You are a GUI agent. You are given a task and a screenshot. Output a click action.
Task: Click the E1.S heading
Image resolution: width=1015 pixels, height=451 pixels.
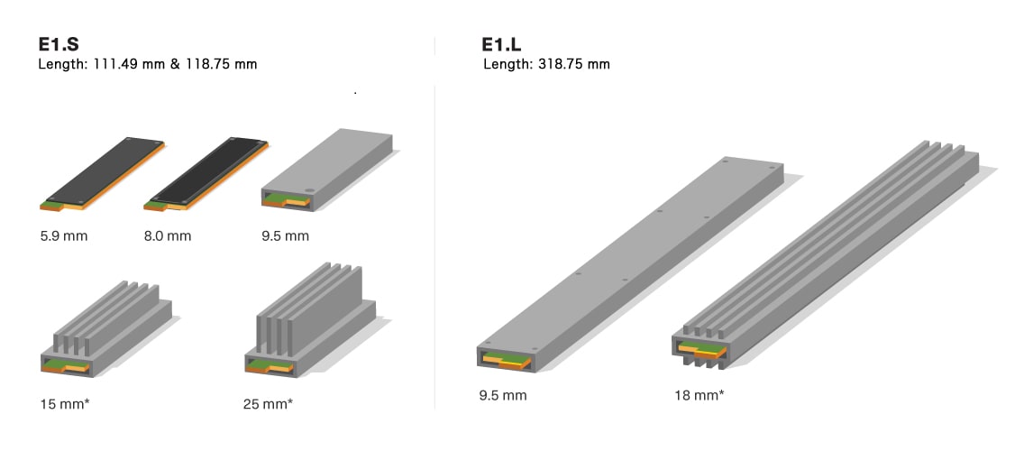click(59, 45)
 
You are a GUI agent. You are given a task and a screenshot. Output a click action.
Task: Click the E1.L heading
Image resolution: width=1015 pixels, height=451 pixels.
click(502, 45)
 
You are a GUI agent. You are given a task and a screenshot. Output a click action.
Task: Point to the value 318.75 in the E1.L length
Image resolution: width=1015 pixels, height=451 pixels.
click(562, 64)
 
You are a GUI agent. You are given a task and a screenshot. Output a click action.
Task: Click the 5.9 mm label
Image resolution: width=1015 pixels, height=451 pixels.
click(63, 236)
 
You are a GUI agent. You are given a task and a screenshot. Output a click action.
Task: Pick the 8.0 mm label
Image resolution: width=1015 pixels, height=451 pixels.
click(168, 236)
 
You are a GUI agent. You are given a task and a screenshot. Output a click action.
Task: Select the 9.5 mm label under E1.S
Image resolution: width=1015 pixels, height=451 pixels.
click(286, 236)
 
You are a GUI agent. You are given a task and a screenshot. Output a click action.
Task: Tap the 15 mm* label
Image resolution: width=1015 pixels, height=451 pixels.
click(65, 404)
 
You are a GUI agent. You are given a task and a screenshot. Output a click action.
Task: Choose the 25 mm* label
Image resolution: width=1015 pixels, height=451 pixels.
click(268, 404)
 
